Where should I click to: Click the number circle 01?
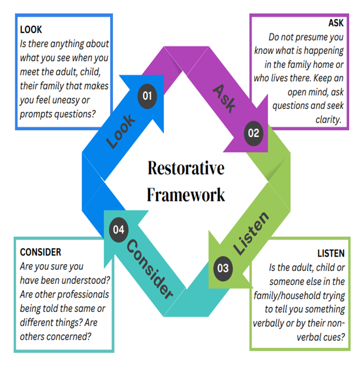coord(147,95)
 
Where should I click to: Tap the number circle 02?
coord(253,133)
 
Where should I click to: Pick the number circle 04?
coord(118,230)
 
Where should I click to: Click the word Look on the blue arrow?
coord(121,131)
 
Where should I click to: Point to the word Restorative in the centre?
coord(186,168)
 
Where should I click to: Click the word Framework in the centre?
coord(186,194)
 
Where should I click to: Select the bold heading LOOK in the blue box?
coord(31,29)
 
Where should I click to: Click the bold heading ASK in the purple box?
coord(335,23)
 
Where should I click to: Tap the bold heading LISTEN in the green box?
coord(331,253)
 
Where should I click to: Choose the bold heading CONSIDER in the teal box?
coord(41,252)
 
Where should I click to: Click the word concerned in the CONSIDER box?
coord(71,336)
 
